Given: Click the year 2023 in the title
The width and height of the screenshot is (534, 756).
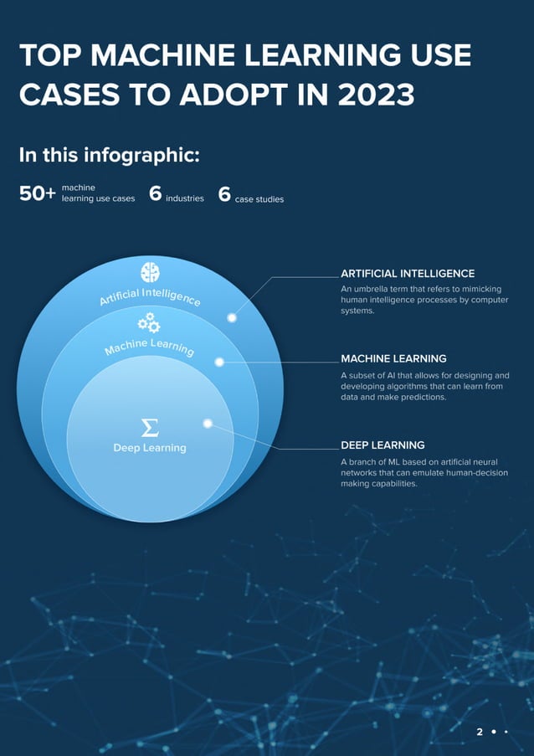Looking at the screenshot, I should [377, 94].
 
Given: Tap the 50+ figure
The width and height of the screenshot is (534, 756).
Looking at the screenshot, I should [37, 194].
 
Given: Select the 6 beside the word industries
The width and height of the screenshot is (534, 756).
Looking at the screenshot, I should [155, 194].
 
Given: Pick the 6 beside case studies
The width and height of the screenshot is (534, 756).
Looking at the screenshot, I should [224, 194].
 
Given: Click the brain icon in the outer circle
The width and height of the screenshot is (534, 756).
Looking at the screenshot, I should [150, 271].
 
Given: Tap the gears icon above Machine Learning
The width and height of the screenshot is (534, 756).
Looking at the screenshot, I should [149, 322].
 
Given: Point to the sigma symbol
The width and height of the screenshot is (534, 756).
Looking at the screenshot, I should [150, 428].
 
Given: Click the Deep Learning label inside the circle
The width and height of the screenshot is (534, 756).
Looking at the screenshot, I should [150, 448].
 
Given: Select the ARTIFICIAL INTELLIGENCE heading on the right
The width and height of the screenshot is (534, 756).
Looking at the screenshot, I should [408, 274].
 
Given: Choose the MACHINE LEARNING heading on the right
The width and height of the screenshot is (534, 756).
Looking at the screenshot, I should [393, 358].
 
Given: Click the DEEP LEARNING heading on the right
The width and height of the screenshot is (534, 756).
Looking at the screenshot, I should [383, 445].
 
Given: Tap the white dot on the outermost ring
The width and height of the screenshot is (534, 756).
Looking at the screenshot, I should [232, 317].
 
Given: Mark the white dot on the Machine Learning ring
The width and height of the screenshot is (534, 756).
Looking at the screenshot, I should [219, 362].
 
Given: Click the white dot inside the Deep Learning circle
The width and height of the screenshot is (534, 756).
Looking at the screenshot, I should [208, 423].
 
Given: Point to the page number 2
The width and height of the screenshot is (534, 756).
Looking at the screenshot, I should [480, 732].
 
